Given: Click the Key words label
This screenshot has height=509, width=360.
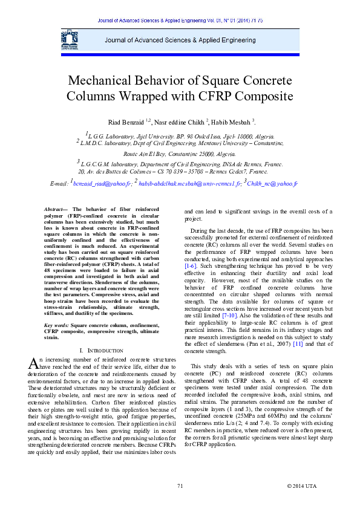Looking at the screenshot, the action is coord(57,325).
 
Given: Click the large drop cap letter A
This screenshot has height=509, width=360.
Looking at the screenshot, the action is coord(33,363).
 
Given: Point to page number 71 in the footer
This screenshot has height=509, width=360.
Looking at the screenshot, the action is coord(180,486).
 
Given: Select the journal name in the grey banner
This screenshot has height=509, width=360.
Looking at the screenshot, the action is coord(180,40).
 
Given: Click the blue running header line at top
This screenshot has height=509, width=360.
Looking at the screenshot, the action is coord(180,21).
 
